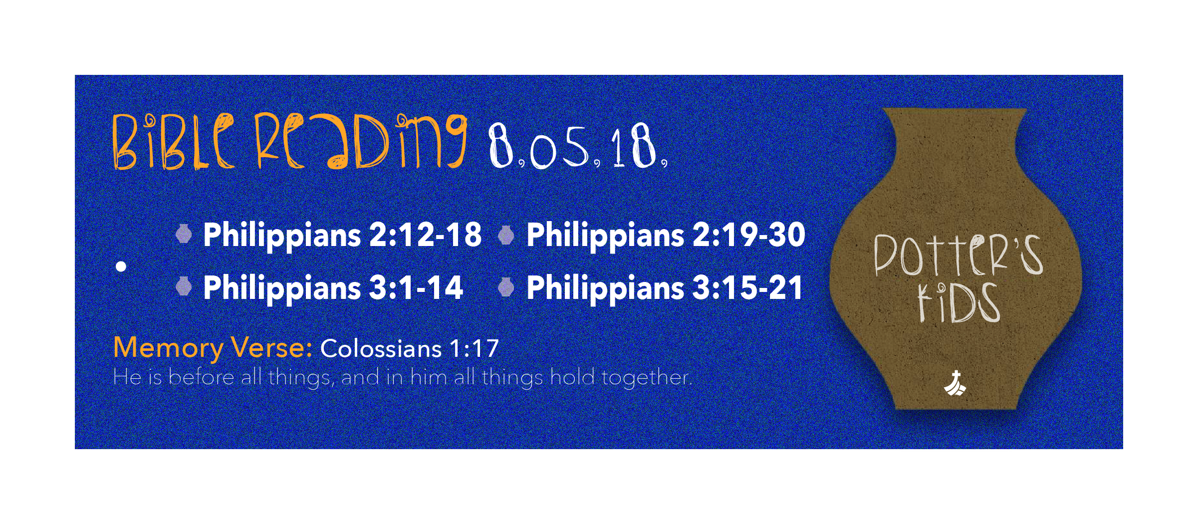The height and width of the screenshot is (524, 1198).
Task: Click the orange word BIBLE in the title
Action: coord(174,142)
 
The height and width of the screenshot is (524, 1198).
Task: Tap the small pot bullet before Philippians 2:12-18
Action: coord(184,235)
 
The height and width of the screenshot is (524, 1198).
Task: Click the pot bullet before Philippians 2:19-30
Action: coord(506,235)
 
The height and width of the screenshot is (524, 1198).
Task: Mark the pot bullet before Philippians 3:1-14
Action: coord(184,286)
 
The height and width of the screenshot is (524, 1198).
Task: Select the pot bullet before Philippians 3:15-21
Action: coord(506,287)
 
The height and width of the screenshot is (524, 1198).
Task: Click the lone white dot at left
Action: coord(121,266)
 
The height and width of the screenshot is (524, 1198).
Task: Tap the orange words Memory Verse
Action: coord(213,348)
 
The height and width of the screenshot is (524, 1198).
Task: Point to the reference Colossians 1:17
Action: coord(409,348)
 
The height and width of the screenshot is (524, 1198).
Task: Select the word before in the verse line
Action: coord(201,377)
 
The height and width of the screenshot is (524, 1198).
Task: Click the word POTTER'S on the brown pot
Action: coord(958,255)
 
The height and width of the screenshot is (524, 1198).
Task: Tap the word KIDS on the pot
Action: coord(958,303)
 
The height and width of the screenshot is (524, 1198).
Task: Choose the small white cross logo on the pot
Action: coord(955,383)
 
